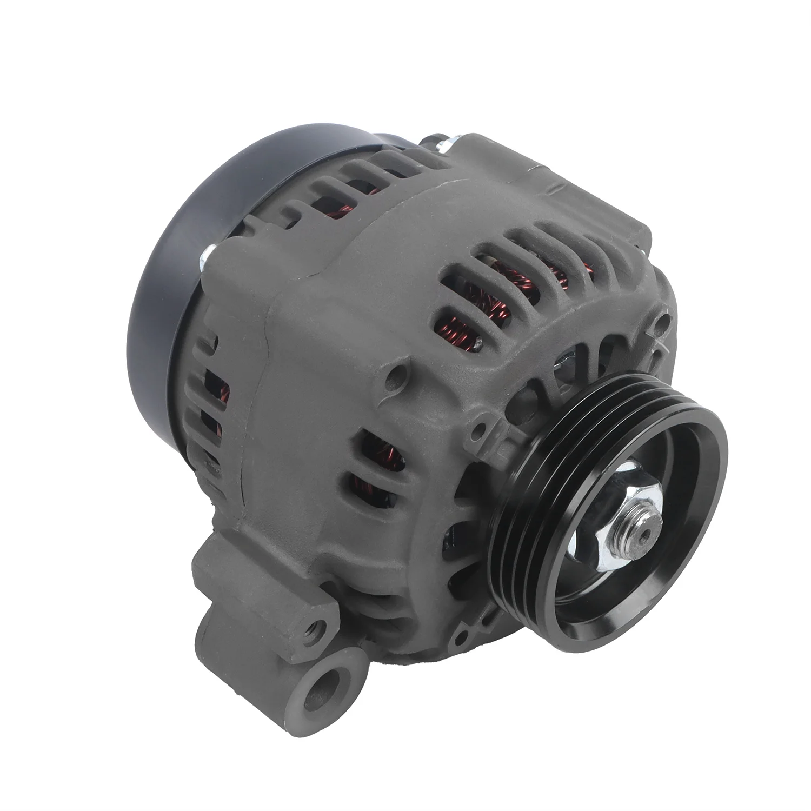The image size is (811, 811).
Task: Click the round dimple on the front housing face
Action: [x=398, y=374]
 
